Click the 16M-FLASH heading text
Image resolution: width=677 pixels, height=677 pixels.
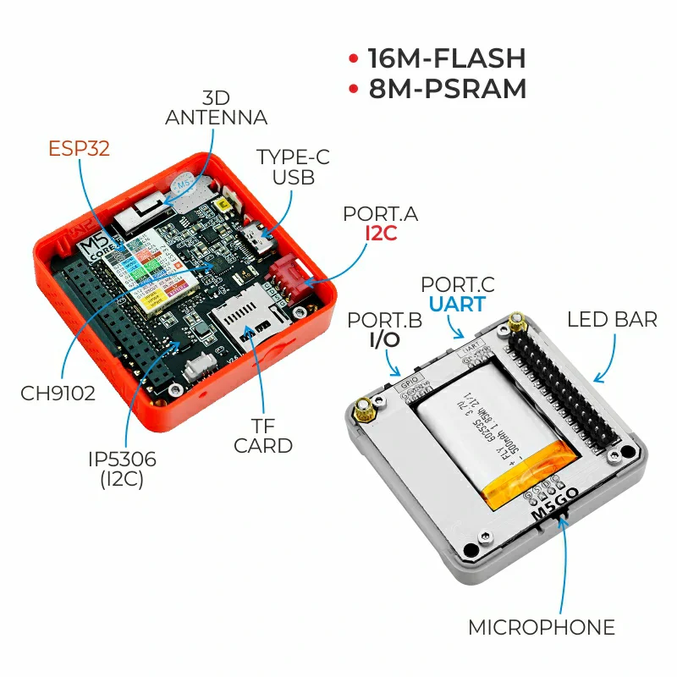pyautogui.click(x=447, y=58)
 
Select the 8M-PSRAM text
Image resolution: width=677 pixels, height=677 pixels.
pyautogui.click(x=448, y=88)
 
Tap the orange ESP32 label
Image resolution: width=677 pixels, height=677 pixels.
pyautogui.click(x=79, y=149)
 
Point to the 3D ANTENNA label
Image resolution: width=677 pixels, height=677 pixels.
pyautogui.click(x=216, y=107)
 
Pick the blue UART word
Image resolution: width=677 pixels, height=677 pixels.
pyautogui.click(x=457, y=304)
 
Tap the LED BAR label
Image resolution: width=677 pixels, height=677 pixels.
pyautogui.click(x=612, y=319)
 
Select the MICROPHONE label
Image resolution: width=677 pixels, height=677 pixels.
pyautogui.click(x=542, y=627)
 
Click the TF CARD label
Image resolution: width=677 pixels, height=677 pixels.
pyautogui.click(x=263, y=436)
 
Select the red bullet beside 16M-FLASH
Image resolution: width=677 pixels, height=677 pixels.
pyautogui.click(x=353, y=59)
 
